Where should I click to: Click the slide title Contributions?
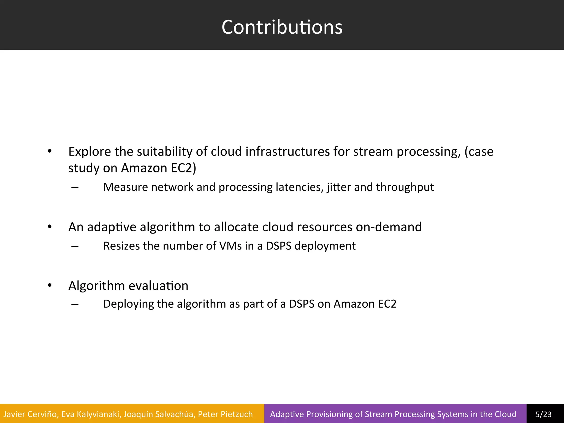pos(282,27)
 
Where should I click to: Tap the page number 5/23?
pos(543,414)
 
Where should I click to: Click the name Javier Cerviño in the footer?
pos(31,414)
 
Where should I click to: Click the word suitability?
pos(164,152)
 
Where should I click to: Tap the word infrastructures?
pos(288,152)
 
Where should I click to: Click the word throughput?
pos(405,187)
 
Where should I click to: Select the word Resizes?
pos(123,246)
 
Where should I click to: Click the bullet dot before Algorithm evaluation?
pos(50,285)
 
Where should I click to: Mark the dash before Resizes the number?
pos(75,246)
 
